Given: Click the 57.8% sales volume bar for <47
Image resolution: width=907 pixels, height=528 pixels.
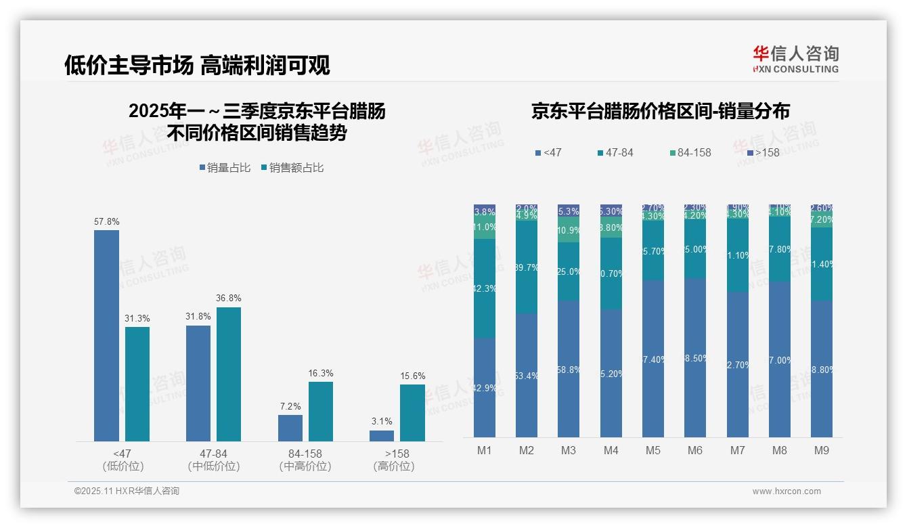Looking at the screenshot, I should pyautogui.click(x=106, y=335).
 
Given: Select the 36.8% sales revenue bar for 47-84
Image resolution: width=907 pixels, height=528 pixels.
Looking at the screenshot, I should pyautogui.click(x=228, y=374).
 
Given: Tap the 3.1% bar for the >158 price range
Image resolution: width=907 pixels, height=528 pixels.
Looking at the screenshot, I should pyautogui.click(x=382, y=435).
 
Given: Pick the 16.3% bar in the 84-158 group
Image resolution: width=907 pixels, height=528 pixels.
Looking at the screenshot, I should pyautogui.click(x=321, y=411).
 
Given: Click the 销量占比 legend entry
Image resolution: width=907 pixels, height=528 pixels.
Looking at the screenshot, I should pyautogui.click(x=228, y=167).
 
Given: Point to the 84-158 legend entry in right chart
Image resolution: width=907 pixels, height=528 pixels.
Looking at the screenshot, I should pyautogui.click(x=690, y=152).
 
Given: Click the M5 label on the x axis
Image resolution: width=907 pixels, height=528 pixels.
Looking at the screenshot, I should pyautogui.click(x=652, y=450).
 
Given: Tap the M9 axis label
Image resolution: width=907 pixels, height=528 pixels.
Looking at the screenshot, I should pyautogui.click(x=821, y=450).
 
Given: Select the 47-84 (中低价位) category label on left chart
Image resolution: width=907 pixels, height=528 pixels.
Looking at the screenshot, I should pyautogui.click(x=213, y=460).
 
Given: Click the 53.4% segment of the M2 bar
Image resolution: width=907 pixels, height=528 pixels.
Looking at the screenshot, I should pyautogui.click(x=527, y=375).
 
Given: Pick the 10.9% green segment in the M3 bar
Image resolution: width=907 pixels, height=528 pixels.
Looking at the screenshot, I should pyautogui.click(x=569, y=229).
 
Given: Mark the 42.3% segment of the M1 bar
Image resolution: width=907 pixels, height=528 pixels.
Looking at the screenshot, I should pyautogui.click(x=485, y=288).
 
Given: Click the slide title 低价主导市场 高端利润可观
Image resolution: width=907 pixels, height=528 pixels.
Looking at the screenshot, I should pyautogui.click(x=197, y=65).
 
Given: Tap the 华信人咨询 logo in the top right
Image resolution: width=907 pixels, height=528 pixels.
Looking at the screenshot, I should pyautogui.click(x=795, y=59).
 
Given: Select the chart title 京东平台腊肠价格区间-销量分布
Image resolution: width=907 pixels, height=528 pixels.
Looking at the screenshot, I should pyautogui.click(x=660, y=111).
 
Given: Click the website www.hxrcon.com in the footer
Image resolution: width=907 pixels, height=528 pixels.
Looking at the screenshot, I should pyautogui.click(x=786, y=491).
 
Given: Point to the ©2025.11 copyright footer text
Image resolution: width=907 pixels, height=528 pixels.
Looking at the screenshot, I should pyautogui.click(x=127, y=491).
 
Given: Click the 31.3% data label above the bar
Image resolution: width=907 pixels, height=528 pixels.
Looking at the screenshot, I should pyautogui.click(x=137, y=318).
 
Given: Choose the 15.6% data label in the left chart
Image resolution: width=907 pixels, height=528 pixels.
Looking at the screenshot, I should pyautogui.click(x=412, y=376).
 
